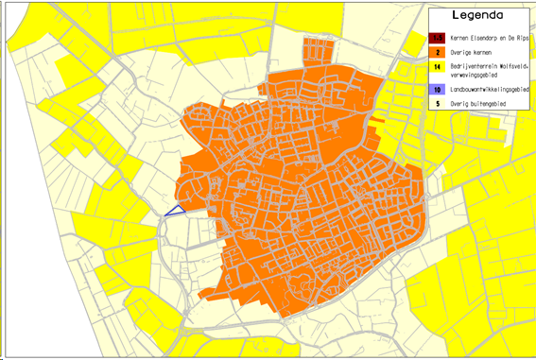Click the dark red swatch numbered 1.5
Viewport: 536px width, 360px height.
pyautogui.click(x=439, y=38)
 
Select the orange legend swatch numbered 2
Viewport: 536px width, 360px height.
pyautogui.click(x=439, y=52)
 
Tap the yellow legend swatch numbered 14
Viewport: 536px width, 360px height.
pyautogui.click(x=439, y=67)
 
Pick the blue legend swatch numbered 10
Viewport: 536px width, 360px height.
pyautogui.click(x=439, y=88)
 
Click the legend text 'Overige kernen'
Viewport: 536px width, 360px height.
pyautogui.click(x=473, y=52)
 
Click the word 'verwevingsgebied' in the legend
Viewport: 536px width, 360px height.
pyautogui.click(x=477, y=75)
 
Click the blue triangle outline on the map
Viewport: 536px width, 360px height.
pyautogui.click(x=175, y=212)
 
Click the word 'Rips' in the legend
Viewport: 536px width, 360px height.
pyautogui.click(x=526, y=38)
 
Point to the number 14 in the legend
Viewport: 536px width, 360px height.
pyautogui.click(x=439, y=67)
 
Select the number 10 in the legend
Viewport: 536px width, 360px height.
pyautogui.click(x=439, y=88)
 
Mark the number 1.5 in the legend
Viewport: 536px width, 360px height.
pyautogui.click(x=439, y=38)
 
